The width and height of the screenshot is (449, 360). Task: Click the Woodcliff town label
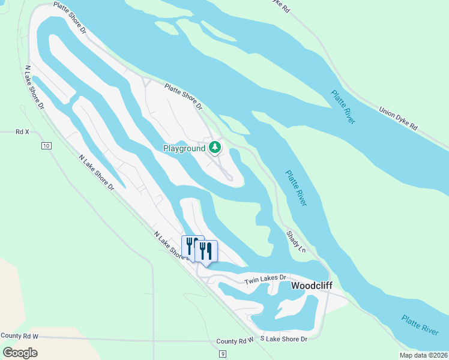(312, 286)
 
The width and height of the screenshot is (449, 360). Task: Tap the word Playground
(184, 148)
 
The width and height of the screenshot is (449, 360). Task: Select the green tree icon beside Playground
(214, 147)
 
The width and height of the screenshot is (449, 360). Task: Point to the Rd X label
(22, 131)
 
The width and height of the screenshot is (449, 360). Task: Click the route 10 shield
(46, 146)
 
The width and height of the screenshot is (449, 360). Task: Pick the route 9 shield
(223, 355)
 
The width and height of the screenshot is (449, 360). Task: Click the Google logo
(20, 352)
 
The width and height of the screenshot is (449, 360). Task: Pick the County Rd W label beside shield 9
(236, 341)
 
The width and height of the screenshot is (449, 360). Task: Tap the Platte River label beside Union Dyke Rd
(343, 107)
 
